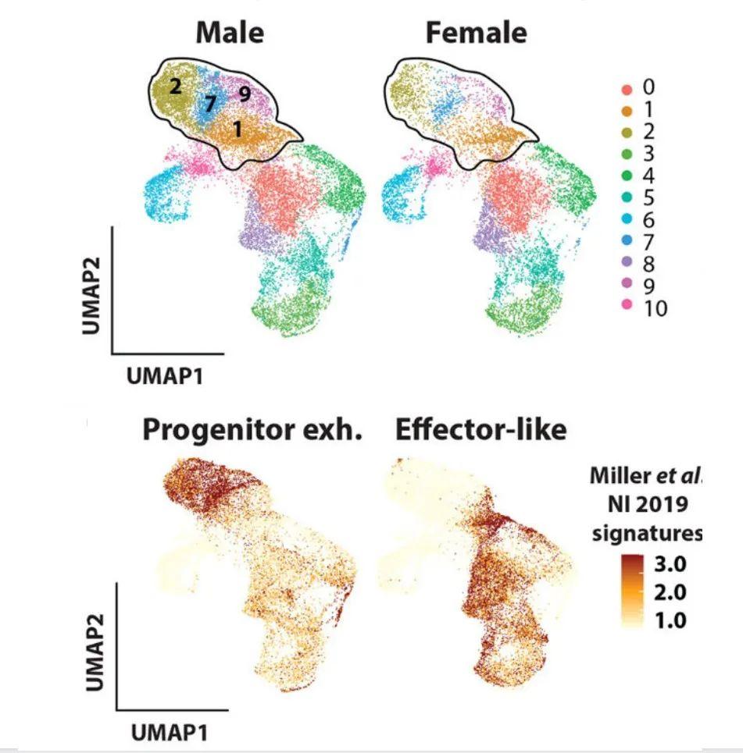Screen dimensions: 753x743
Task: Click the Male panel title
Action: point(230,33)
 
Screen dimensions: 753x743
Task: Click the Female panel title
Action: point(476,33)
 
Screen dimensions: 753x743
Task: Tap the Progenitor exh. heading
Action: point(252,430)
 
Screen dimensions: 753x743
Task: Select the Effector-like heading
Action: point(480,430)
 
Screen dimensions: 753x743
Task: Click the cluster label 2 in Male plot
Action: point(175,87)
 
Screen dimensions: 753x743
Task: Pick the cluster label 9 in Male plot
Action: point(244,94)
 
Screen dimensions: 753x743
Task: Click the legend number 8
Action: point(648,265)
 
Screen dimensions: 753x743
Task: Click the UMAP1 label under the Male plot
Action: point(166,377)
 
